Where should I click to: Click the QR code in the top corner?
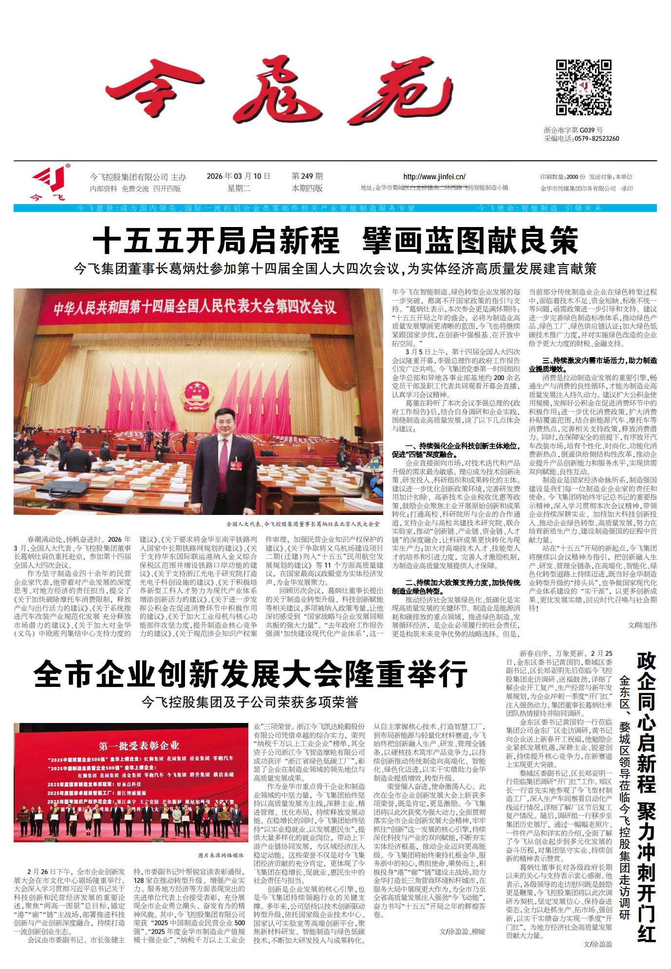(x=583, y=88)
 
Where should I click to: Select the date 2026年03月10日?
(x=238, y=176)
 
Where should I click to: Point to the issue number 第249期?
(x=307, y=176)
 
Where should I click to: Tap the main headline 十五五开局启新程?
(x=216, y=240)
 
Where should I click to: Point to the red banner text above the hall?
(x=195, y=307)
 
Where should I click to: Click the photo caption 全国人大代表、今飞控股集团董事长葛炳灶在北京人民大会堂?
(x=302, y=524)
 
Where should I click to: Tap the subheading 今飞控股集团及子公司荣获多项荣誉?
(x=250, y=702)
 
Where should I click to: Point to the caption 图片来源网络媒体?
(x=221, y=855)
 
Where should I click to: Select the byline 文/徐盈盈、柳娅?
(x=462, y=931)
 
